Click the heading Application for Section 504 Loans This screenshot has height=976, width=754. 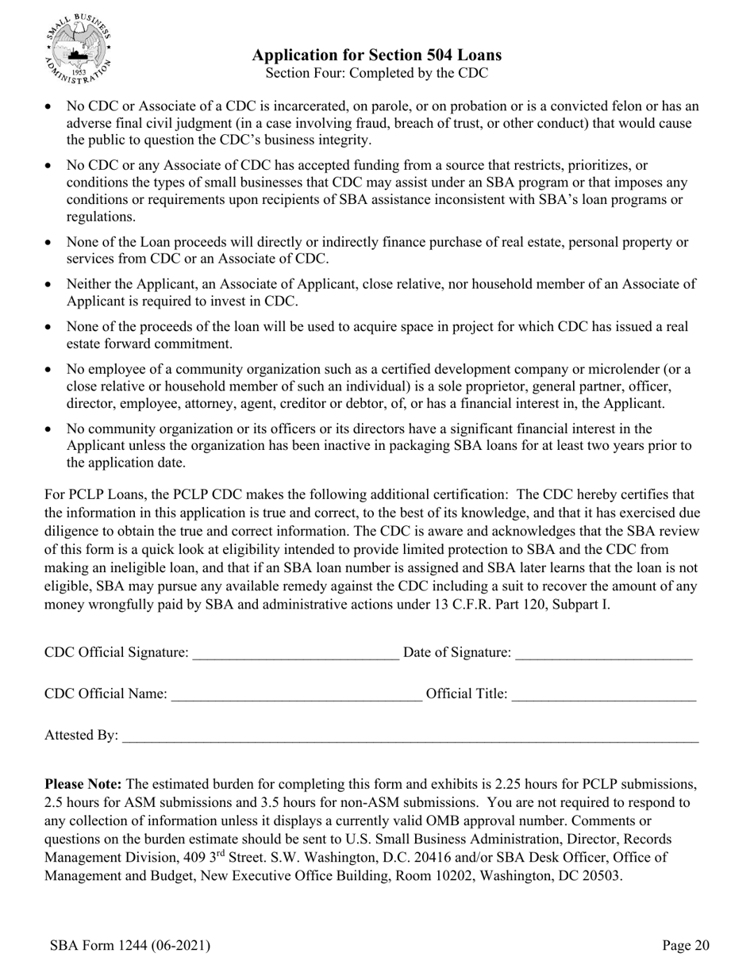(376, 55)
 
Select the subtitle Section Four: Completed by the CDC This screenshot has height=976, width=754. (376, 73)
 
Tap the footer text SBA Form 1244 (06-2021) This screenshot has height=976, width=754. (129, 945)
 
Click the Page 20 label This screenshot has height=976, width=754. (686, 945)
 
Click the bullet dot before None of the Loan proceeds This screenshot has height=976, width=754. (50, 243)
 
